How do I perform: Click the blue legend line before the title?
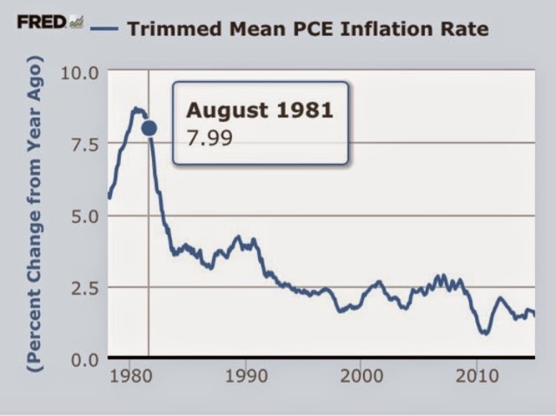tap(108, 28)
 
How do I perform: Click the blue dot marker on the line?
tap(149, 128)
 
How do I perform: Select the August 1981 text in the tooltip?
tap(260, 111)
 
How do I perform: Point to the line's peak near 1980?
tap(136, 109)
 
